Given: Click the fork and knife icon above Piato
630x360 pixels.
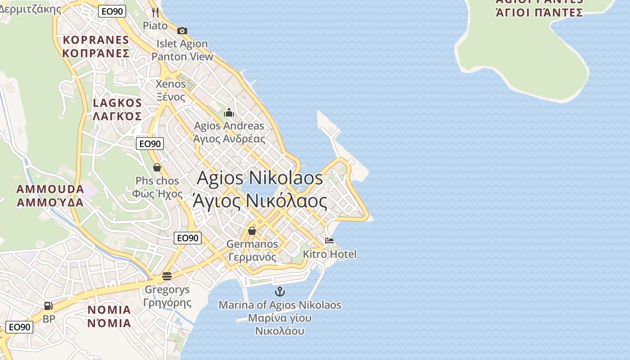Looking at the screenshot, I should tap(155, 12).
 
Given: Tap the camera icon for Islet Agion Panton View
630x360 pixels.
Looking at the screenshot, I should tap(182, 31).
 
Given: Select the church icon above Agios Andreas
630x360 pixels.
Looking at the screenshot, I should tap(229, 112).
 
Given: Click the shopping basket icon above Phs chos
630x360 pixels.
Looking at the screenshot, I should tap(157, 167).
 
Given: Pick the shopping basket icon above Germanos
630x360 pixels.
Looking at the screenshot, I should tap(252, 231).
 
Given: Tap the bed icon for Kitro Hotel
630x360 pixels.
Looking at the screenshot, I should tap(329, 241).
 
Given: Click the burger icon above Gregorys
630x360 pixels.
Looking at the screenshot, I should tap(167, 276).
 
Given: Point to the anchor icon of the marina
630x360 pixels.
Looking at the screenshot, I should tap(280, 292).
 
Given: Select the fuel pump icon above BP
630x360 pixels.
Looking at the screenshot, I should tap(49, 306).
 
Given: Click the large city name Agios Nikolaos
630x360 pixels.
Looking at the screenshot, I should tap(260, 178).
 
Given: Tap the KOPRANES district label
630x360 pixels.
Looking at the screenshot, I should tap(96, 40).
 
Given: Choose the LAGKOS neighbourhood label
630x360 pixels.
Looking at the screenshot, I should tap(117, 103).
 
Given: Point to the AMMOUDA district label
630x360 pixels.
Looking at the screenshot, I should tap(50, 189).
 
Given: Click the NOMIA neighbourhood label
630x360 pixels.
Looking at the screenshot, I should tap(109, 310).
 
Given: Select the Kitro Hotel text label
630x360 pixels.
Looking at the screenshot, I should tap(329, 254).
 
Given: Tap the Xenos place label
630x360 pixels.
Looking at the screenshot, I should tap(171, 84).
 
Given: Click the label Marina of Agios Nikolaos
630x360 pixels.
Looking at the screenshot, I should tap(280, 305).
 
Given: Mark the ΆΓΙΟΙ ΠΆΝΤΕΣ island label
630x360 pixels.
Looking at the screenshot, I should tap(539, 12).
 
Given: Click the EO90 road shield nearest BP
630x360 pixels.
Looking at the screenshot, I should tap(19, 327).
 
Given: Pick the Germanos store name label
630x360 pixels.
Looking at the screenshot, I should tap(252, 244).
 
